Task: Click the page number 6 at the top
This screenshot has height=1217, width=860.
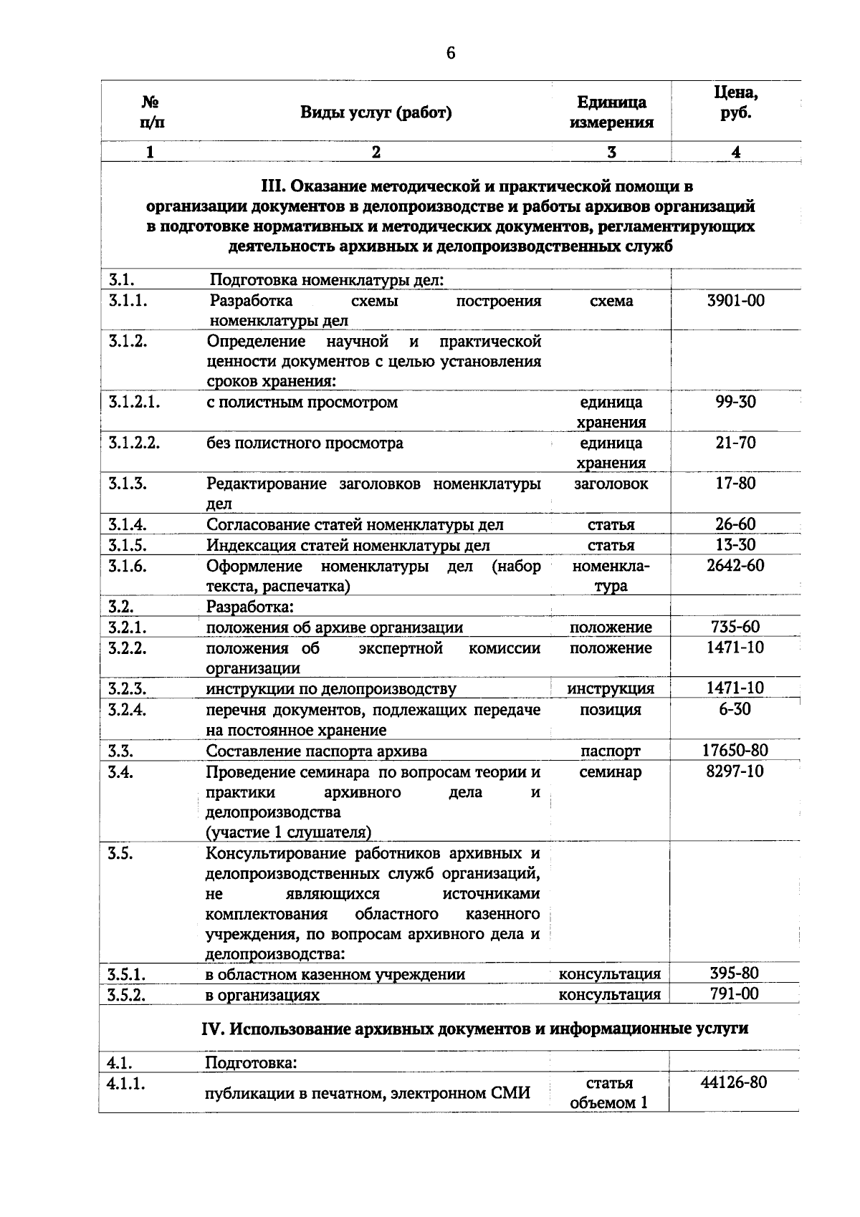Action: (451, 54)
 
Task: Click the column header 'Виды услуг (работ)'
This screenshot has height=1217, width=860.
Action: (376, 112)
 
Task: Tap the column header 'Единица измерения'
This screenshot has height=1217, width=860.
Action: (611, 112)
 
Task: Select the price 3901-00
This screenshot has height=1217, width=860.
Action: (735, 301)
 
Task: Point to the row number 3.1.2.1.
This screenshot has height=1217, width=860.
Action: (133, 402)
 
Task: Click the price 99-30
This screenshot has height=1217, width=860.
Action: (735, 402)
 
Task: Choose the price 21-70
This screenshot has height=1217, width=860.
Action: (735, 443)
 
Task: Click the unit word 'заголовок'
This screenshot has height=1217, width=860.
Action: (611, 484)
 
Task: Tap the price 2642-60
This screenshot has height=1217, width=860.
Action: (735, 566)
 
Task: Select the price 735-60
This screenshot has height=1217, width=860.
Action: (735, 627)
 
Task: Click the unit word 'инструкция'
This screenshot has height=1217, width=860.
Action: (611, 689)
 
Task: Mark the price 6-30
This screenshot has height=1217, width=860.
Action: (735, 709)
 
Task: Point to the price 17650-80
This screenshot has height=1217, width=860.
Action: (735, 750)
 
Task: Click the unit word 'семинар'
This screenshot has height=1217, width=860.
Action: (611, 772)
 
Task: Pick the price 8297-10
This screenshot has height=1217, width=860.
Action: (735, 771)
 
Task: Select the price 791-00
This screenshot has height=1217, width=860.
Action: (735, 994)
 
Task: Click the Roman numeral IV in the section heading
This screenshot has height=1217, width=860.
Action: (214, 1029)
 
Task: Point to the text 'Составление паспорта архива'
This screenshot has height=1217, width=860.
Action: (316, 751)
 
